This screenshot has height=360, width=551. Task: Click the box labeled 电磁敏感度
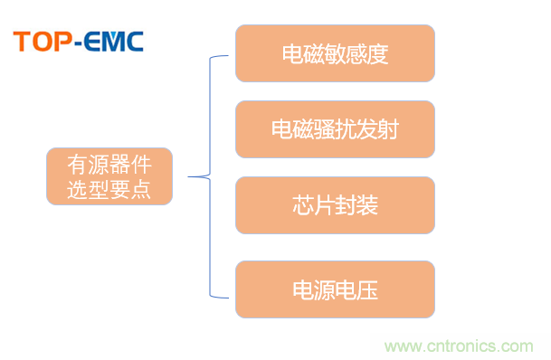click(x=335, y=52)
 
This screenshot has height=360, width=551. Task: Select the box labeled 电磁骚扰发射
click(x=335, y=128)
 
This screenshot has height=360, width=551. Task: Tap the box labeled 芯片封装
click(x=335, y=205)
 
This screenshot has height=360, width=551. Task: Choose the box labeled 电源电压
click(x=335, y=289)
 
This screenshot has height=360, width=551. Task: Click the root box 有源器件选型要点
click(x=109, y=177)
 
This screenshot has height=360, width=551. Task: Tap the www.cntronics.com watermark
click(x=461, y=346)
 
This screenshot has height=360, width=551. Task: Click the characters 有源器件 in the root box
click(x=109, y=166)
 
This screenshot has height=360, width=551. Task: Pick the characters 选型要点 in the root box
click(x=109, y=189)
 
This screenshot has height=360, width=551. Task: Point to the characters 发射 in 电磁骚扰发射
click(x=378, y=129)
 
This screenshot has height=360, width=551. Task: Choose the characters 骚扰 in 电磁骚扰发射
click(x=335, y=129)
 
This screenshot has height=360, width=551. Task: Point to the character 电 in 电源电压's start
click(x=302, y=290)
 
